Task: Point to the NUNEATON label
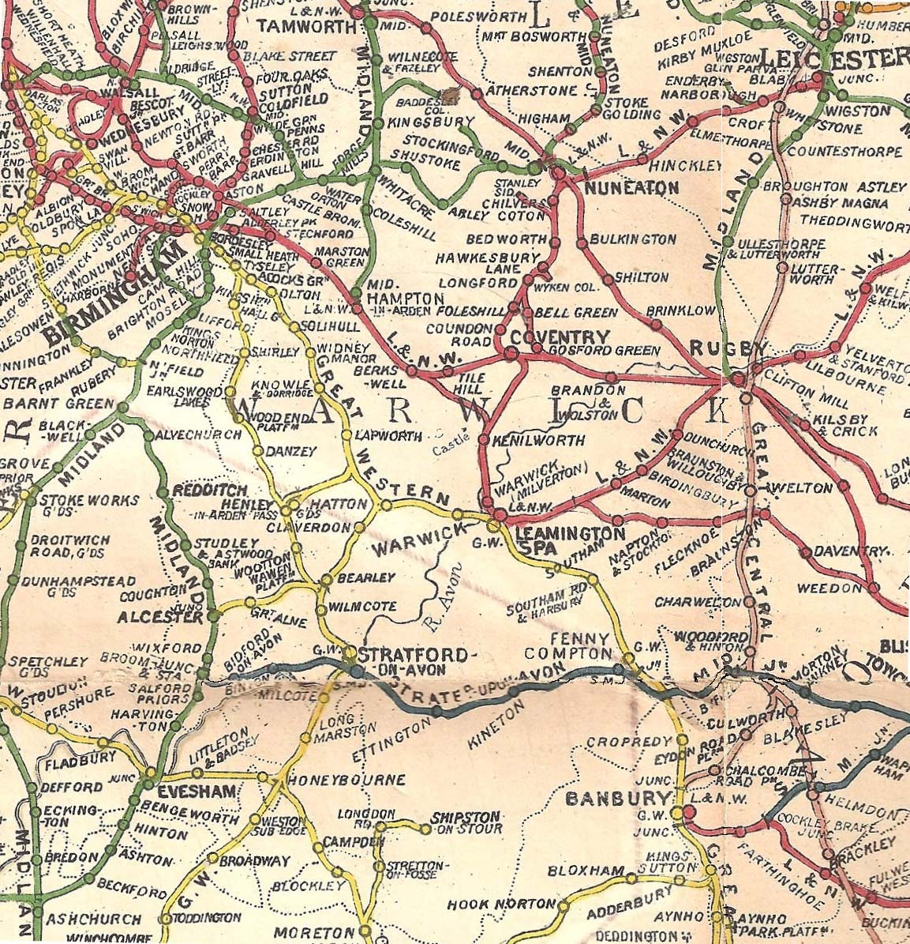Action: (631, 188)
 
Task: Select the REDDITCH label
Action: (204, 491)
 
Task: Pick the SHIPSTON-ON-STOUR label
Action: (466, 822)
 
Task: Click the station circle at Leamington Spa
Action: (496, 525)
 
